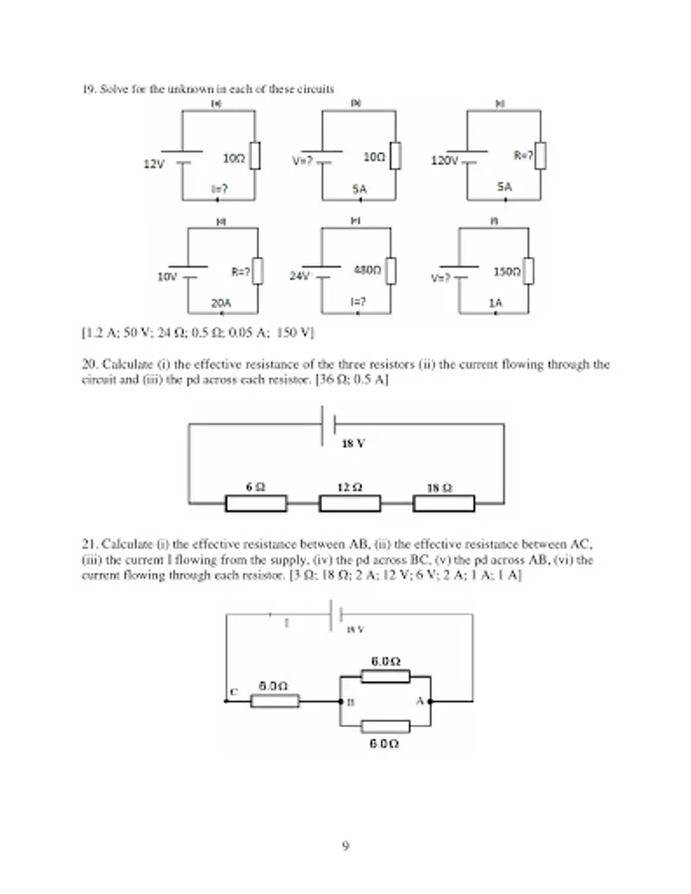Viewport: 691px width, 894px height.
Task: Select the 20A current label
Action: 220,301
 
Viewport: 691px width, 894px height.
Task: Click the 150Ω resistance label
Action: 507,270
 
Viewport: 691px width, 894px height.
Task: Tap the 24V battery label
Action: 300,275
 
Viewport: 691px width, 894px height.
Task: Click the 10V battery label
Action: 167,276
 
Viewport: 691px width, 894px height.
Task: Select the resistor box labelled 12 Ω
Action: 349,504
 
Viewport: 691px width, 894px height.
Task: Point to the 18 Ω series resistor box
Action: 444,504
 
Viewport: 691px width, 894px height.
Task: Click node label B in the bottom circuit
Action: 349,702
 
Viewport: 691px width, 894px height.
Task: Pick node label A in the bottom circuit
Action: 419,700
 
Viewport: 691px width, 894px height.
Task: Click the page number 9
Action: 345,846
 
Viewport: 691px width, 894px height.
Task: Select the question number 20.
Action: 88,365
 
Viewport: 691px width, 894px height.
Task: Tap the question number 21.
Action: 88,544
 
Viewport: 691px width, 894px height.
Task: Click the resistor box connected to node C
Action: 274,701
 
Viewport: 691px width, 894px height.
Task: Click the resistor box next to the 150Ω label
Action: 529,270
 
